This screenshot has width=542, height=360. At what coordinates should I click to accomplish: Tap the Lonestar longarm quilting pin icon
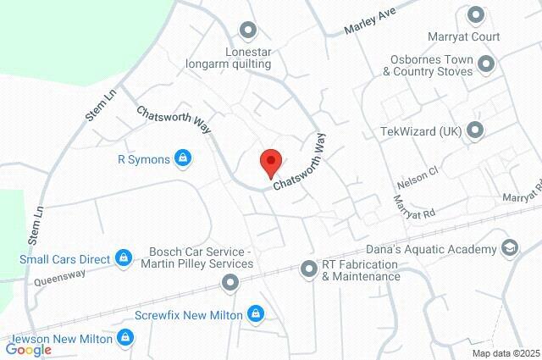click(x=247, y=31)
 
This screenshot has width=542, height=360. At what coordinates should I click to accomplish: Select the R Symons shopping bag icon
click(x=182, y=158)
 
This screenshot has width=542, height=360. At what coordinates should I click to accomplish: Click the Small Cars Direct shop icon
click(x=124, y=256)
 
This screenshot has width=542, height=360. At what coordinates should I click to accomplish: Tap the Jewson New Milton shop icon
click(x=125, y=338)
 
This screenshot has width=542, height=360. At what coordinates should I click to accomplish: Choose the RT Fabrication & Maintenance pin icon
click(x=309, y=269)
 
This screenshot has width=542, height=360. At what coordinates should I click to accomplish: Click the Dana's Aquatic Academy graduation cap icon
click(x=509, y=248)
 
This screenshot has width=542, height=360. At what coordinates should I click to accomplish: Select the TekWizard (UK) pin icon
click(x=475, y=130)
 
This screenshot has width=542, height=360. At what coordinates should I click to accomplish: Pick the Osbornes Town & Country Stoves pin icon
click(x=486, y=64)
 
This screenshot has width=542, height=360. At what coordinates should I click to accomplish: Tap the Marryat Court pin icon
click(x=475, y=14)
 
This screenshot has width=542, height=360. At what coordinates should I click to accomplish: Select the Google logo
click(x=29, y=348)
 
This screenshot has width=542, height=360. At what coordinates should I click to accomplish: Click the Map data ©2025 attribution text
click(x=506, y=353)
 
